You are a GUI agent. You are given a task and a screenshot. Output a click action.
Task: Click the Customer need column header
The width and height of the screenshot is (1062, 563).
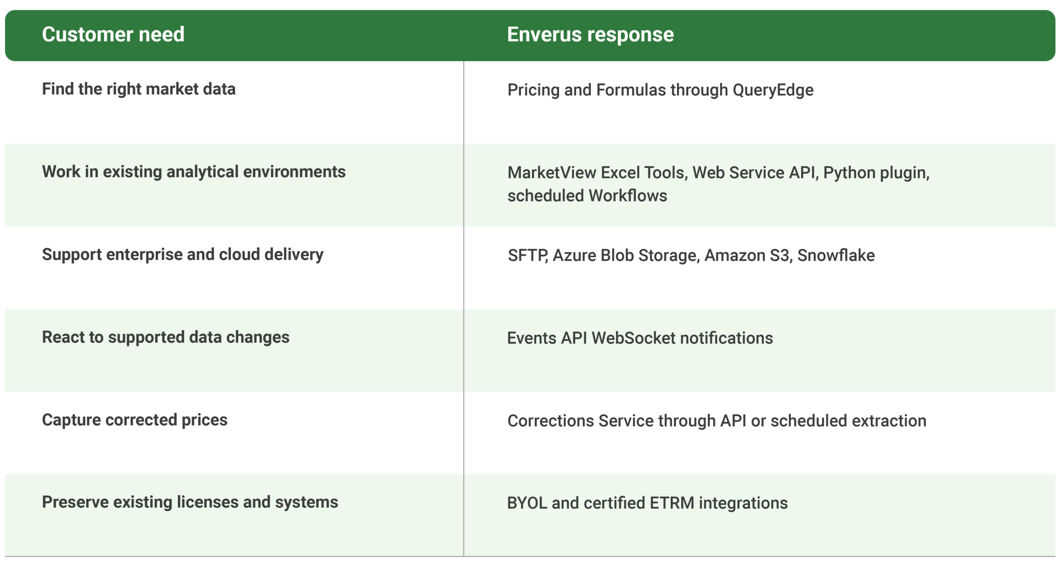tap(113, 34)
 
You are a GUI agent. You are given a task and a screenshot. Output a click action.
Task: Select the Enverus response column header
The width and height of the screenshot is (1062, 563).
tap(590, 34)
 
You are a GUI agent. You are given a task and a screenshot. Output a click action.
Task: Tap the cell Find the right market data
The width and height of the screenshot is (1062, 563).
tap(139, 89)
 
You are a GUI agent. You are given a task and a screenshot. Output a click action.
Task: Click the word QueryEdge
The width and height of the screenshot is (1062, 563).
tap(773, 90)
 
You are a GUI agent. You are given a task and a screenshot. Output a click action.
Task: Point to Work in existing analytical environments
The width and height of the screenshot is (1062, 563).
tap(194, 172)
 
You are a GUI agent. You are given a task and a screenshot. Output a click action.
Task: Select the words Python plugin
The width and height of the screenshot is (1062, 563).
tap(876, 173)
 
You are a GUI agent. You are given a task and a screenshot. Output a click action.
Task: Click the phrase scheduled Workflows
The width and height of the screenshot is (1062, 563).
tap(587, 196)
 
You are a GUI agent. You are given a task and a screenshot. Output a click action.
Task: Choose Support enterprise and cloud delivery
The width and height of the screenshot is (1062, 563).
tap(183, 255)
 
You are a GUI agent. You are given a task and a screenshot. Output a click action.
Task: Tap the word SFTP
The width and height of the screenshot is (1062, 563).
tap(528, 255)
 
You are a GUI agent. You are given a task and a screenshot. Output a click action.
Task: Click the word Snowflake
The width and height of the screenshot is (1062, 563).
tap(836, 255)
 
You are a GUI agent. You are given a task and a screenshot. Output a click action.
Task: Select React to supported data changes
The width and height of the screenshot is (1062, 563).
tap(166, 337)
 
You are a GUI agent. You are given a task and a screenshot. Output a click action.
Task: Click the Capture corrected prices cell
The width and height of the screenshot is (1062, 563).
tap(135, 420)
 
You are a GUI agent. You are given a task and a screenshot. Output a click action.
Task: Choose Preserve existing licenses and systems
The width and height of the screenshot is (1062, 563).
tap(190, 502)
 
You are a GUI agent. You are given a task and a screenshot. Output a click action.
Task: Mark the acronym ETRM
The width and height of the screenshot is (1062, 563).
tap(672, 503)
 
